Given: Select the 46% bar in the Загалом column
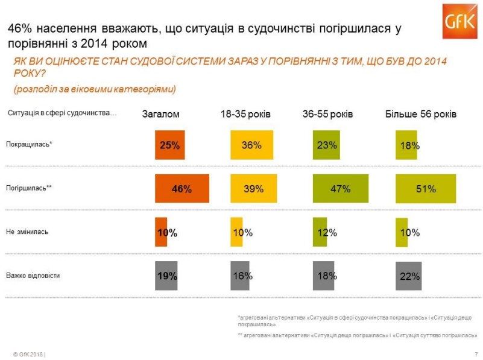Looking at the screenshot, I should (x=182, y=189).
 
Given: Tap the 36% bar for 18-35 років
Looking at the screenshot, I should (x=251, y=145).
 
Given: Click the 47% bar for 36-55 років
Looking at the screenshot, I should (x=340, y=189).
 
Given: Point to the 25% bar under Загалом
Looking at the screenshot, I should (x=169, y=145).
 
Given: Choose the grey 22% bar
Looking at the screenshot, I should (x=408, y=276).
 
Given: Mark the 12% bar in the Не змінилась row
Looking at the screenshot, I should (x=320, y=232).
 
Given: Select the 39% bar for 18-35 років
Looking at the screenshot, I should (x=253, y=189).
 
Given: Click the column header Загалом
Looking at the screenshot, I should (x=160, y=115).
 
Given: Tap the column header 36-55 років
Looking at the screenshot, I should (x=327, y=115).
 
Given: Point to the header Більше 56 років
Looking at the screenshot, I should (x=421, y=115).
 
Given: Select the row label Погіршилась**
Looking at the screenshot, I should (x=29, y=188).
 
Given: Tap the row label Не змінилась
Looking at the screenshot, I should (x=27, y=232).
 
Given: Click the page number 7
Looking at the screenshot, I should (x=476, y=353).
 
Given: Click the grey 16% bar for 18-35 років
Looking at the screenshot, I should (x=242, y=276).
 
